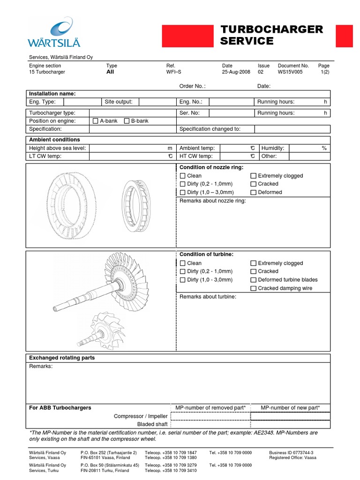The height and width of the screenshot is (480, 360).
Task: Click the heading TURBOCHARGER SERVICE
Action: click(x=271, y=36)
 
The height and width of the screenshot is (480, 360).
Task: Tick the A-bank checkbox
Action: click(x=96, y=121)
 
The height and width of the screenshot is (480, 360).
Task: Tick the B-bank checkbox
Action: click(x=127, y=121)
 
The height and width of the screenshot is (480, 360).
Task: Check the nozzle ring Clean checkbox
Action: click(x=183, y=176)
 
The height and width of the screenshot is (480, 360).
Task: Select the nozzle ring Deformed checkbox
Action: click(x=253, y=192)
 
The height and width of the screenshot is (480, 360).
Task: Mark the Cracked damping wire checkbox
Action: click(x=253, y=288)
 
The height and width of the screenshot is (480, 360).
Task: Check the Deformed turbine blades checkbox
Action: click(x=253, y=280)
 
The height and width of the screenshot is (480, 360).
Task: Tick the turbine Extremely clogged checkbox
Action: click(x=253, y=263)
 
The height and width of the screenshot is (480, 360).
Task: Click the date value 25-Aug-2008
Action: click(x=236, y=73)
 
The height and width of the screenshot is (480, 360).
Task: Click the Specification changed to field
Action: click(x=292, y=129)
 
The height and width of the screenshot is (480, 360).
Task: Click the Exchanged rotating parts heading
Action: click(x=62, y=358)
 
